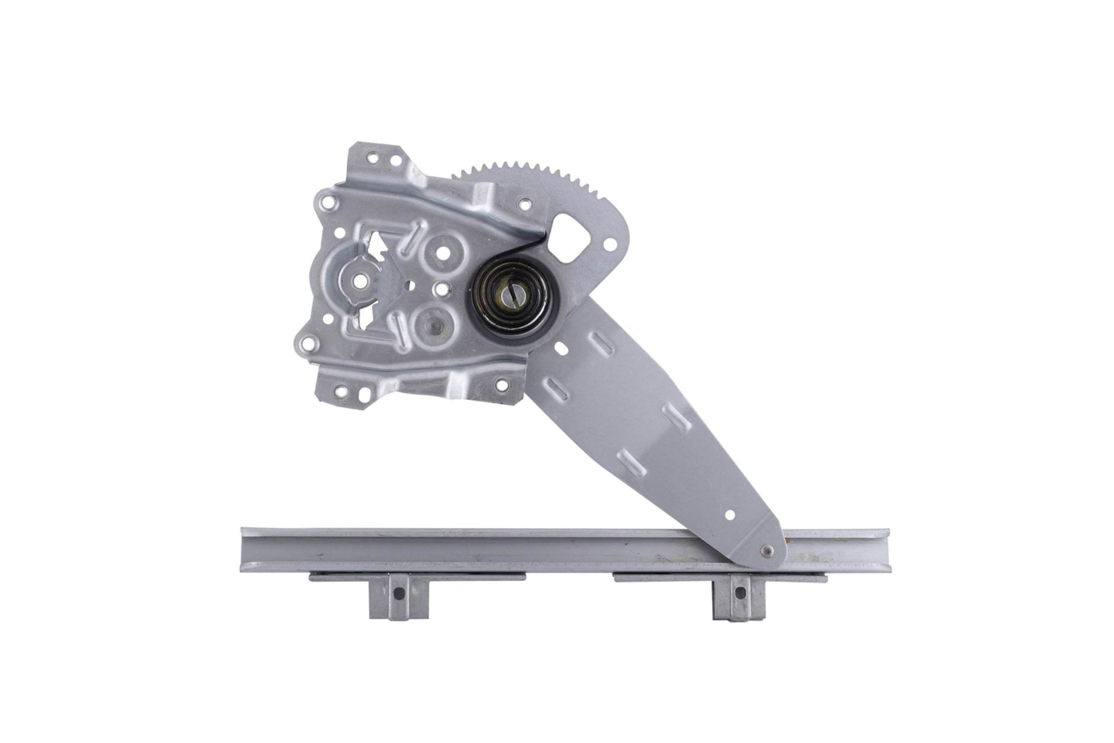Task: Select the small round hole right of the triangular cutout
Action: point(610,244)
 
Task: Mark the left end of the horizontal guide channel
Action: point(244,549)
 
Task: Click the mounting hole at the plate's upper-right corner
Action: point(524,205)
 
